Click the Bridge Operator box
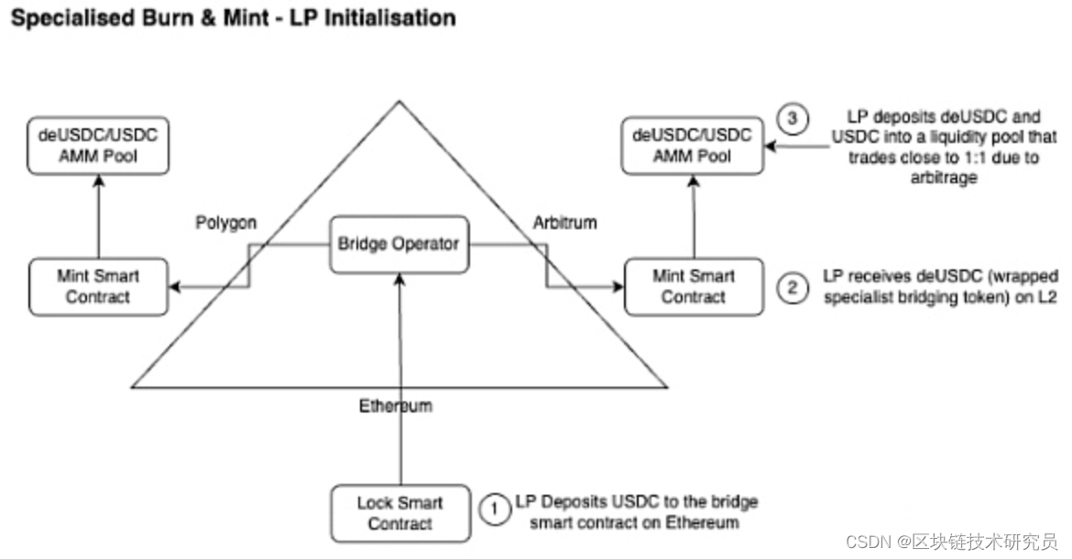click(x=399, y=244)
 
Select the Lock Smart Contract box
click(x=399, y=513)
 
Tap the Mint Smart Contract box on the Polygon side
click(x=97, y=286)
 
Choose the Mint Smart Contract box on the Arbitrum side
click(x=693, y=286)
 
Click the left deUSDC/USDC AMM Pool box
click(x=97, y=146)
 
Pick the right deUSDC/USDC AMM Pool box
click(x=693, y=146)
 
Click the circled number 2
click(x=792, y=287)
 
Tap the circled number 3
click(x=791, y=118)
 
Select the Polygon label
click(x=224, y=224)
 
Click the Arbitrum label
click(x=563, y=223)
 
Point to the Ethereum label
click(x=395, y=406)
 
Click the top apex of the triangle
click(x=399, y=102)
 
